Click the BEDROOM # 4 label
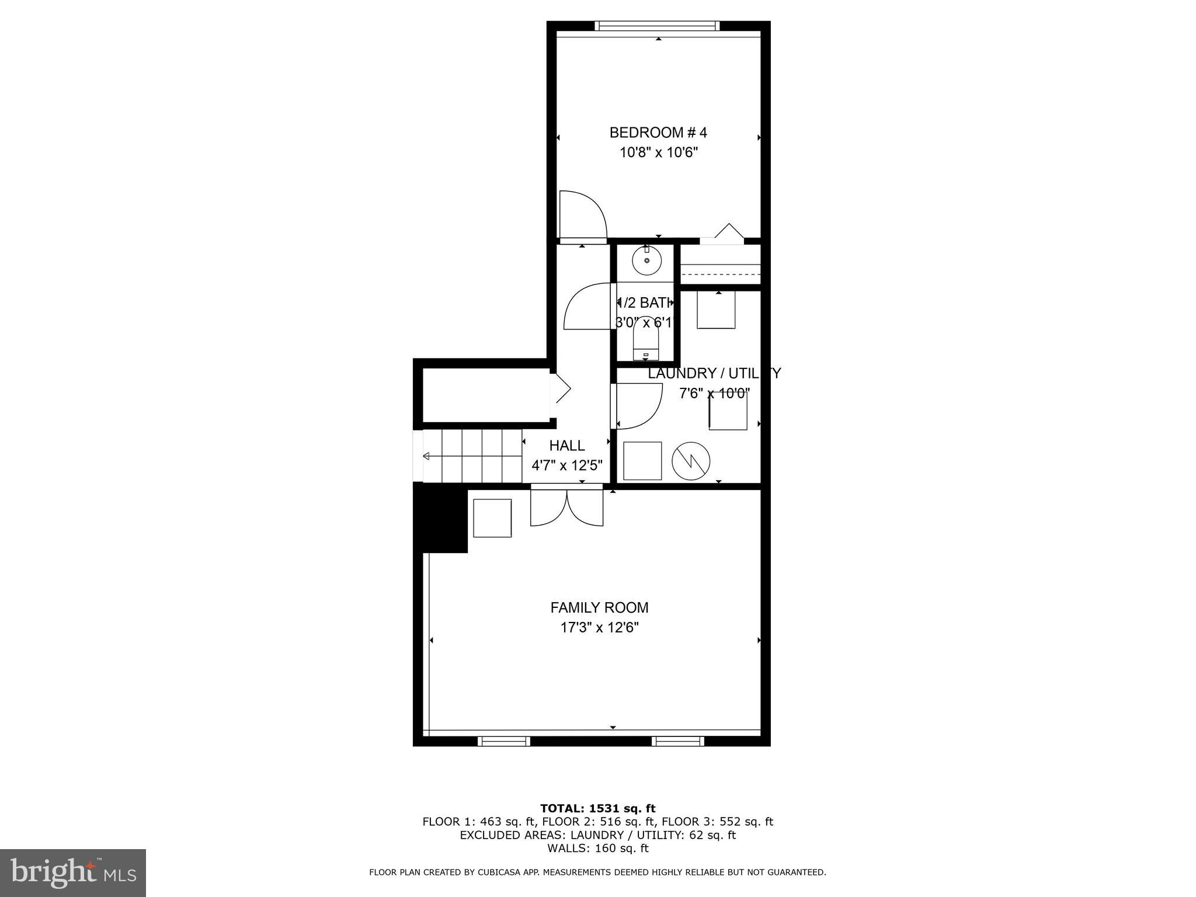click(658, 133)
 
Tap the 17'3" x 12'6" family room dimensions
click(600, 628)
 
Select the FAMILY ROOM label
click(599, 607)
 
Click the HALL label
click(566, 446)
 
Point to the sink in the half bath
click(646, 260)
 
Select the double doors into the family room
click(566, 507)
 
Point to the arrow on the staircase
click(427, 456)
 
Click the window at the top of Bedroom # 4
click(658, 26)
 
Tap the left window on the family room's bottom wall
click(504, 741)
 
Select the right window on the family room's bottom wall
click(678, 741)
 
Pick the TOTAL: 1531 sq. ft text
click(597, 808)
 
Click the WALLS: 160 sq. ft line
click(597, 848)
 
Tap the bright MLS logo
click(72, 872)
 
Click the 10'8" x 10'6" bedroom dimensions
click(659, 153)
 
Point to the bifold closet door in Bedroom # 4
click(722, 233)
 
